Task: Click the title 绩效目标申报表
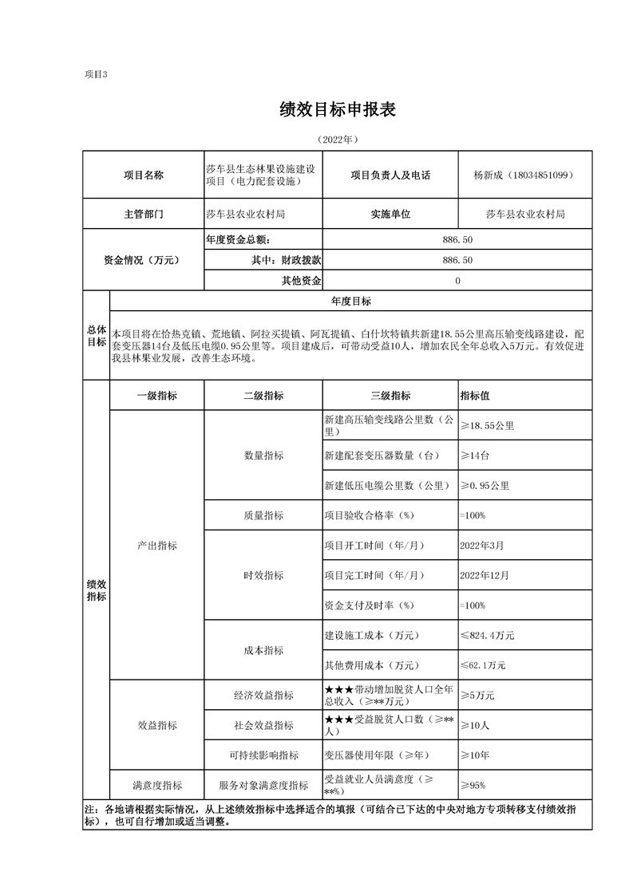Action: point(338,110)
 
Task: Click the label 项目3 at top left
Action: point(95,74)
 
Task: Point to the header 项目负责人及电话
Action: point(390,175)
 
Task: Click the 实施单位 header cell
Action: point(390,215)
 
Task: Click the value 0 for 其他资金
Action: point(457,281)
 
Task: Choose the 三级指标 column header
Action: point(390,396)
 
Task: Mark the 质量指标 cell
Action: point(263,515)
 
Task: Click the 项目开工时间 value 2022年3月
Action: point(481,546)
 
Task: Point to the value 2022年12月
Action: point(484,575)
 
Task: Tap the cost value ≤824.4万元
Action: point(487,636)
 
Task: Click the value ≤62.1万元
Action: point(483,664)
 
